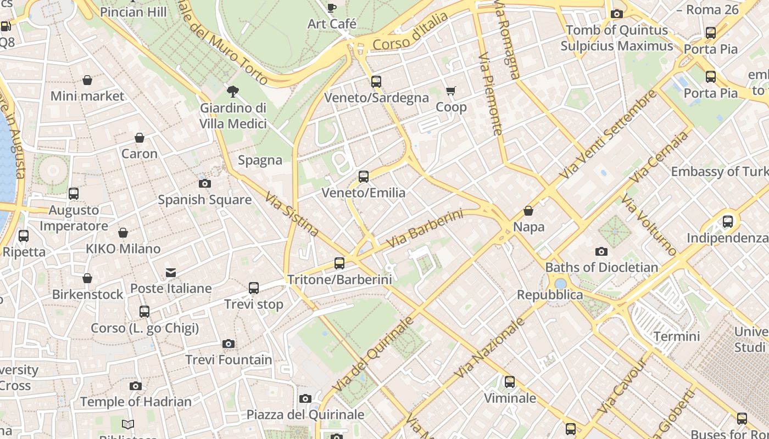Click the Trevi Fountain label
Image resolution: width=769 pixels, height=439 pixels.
click(x=229, y=360)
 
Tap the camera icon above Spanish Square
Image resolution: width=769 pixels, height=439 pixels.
click(x=205, y=183)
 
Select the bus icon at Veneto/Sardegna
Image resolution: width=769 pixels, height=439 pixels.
click(x=376, y=82)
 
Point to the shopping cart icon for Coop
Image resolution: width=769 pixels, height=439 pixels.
click(x=451, y=91)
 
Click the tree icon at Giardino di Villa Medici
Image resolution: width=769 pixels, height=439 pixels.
click(x=233, y=91)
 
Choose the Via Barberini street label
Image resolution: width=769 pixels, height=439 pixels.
click(x=425, y=228)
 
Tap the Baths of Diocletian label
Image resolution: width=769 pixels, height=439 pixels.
click(x=601, y=267)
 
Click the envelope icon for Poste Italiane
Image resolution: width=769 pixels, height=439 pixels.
click(x=171, y=272)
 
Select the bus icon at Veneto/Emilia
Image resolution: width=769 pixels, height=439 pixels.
click(x=364, y=177)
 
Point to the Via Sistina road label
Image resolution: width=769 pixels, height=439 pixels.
click(x=292, y=214)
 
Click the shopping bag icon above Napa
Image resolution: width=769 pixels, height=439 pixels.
click(x=528, y=211)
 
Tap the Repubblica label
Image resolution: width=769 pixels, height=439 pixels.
click(x=550, y=295)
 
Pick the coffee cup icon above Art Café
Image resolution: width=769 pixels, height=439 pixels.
click(x=332, y=8)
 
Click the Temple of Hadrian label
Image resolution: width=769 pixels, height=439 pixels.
click(x=136, y=402)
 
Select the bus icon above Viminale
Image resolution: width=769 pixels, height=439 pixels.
click(x=510, y=382)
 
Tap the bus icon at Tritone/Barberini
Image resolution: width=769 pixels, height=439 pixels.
click(x=339, y=263)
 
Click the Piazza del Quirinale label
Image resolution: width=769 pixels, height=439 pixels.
click(x=305, y=414)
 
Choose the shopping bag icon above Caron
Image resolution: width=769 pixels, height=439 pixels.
click(x=140, y=138)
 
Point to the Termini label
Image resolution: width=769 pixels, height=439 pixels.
click(x=677, y=336)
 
